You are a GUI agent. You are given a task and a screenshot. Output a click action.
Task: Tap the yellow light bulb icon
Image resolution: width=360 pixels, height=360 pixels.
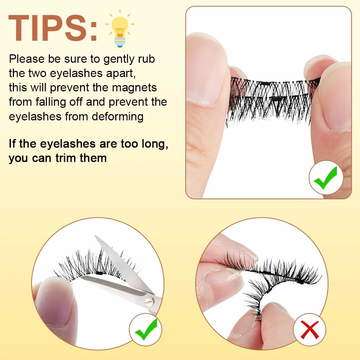tap(120, 29)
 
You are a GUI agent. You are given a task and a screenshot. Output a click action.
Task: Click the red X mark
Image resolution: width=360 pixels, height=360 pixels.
tap(309, 330)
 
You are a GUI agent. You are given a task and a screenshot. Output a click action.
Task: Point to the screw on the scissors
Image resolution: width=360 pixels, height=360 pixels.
tap(149, 301)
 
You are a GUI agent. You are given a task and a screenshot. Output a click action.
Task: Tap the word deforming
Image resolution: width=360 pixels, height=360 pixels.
tap(118, 117)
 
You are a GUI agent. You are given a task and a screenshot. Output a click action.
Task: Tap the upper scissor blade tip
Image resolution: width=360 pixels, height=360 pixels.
tap(95, 236)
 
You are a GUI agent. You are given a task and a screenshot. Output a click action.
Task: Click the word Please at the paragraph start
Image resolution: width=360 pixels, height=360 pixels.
tap(27, 59)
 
